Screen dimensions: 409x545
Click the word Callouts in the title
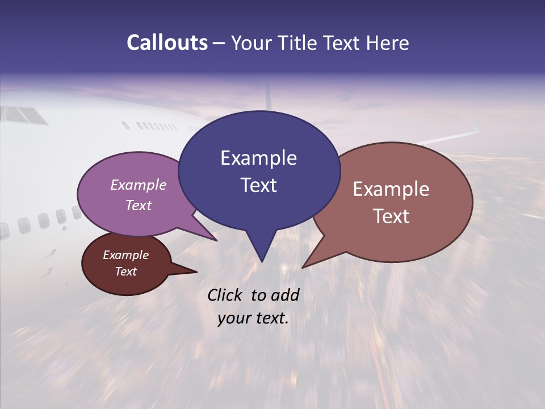pyautogui.click(x=167, y=43)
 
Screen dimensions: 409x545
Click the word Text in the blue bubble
pyautogui.click(x=258, y=185)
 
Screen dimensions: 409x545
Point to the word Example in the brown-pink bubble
pyautogui.click(x=391, y=189)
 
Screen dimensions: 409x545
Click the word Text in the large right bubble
pyautogui.click(x=391, y=216)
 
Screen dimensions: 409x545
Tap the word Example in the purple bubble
pyautogui.click(x=138, y=185)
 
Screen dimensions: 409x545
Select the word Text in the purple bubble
pyautogui.click(x=138, y=205)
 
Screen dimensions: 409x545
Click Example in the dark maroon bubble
pyautogui.click(x=125, y=255)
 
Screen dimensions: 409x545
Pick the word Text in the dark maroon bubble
pyautogui.click(x=125, y=272)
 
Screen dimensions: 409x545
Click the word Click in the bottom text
pyautogui.click(x=225, y=295)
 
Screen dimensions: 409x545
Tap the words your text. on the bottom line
pyautogui.click(x=253, y=318)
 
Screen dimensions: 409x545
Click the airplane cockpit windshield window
pyautogui.click(x=24, y=115)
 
